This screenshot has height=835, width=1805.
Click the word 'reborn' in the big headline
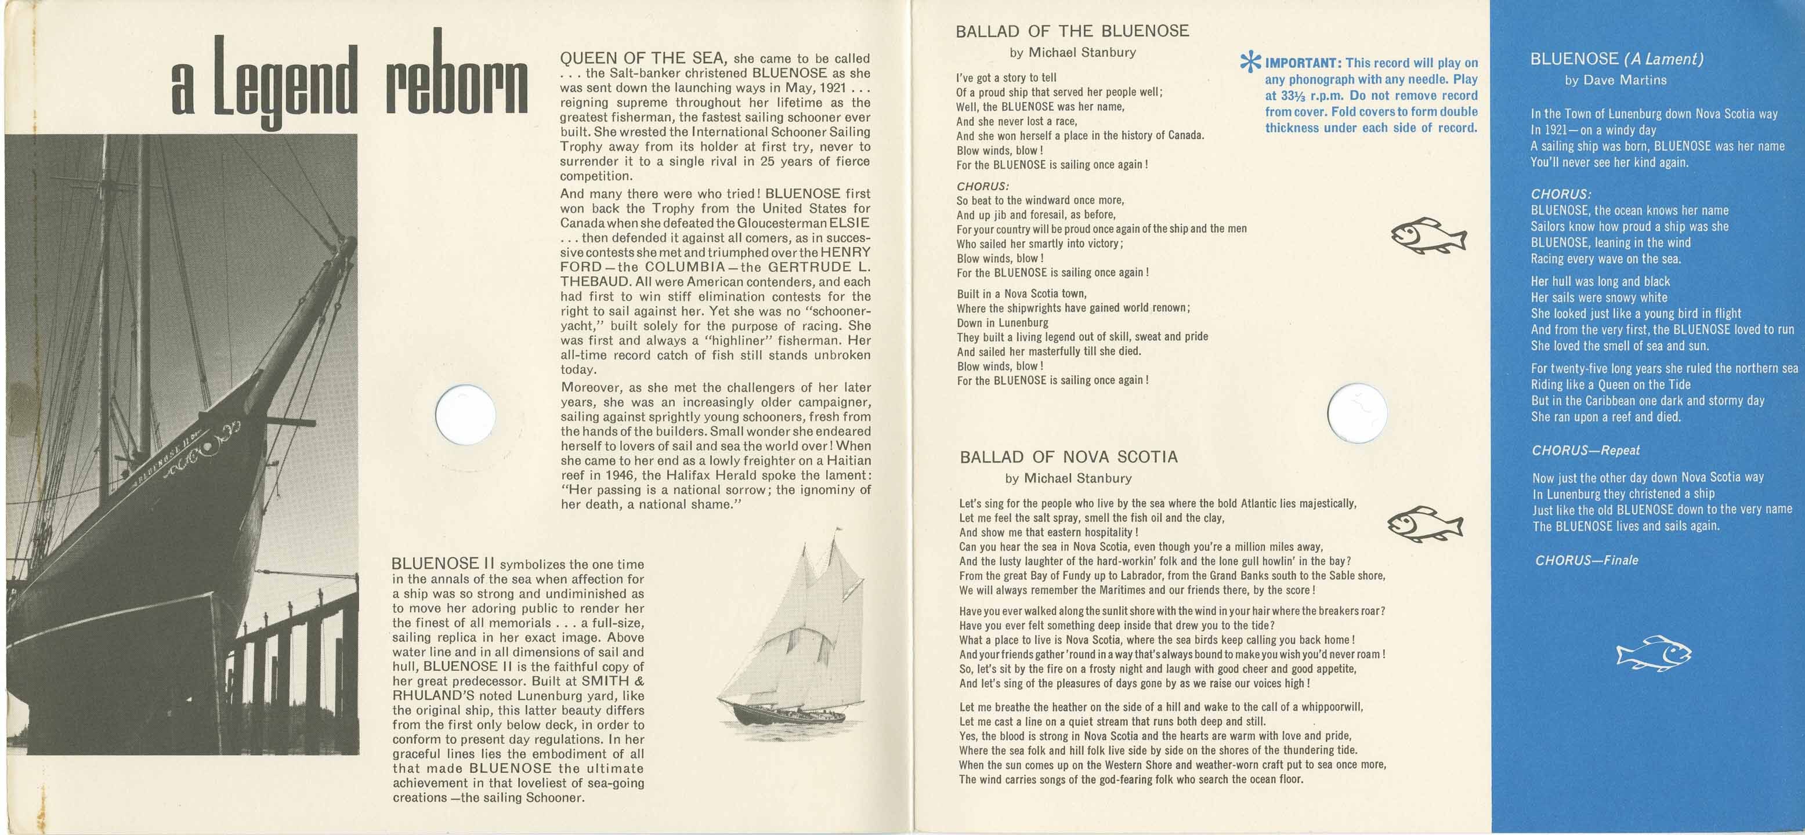tap(456, 83)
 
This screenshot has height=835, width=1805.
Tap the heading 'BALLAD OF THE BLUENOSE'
tap(1072, 31)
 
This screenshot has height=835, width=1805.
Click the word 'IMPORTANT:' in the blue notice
tap(1302, 63)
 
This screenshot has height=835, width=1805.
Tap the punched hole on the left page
tap(465, 414)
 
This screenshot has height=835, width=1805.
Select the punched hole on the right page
tap(1358, 413)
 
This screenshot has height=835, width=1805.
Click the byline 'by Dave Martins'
tap(1615, 81)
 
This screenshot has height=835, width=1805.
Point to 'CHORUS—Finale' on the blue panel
tap(1586, 560)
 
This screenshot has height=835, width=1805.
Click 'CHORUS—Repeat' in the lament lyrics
tap(1585, 451)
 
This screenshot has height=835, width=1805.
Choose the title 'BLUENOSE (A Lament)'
tap(1616, 59)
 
